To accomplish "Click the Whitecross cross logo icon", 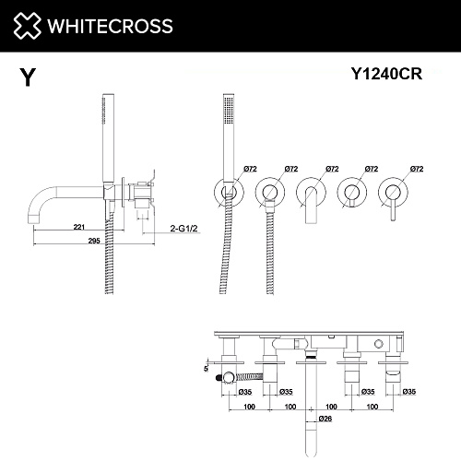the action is pos(27,26).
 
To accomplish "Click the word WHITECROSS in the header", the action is pos(110,26).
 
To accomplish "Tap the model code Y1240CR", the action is pos(386,74).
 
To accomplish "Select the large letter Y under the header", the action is pos(28,77).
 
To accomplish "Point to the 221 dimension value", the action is pos(79,227).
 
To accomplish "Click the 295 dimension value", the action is pos(94,241).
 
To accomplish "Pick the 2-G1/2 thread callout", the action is pos(183,229).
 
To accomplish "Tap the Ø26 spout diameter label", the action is pos(325,419).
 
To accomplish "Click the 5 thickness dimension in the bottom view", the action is pos(206,369).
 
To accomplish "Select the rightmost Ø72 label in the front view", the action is pos(417,169).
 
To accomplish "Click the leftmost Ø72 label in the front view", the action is pos(250,169).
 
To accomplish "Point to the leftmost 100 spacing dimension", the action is pos(249,407).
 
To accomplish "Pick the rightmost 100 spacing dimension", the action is pos(372,407).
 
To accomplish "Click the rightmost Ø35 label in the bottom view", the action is pos(409,392).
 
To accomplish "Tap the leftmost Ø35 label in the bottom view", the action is pos(245,392).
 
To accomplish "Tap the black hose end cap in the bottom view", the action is pos(218,376).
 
